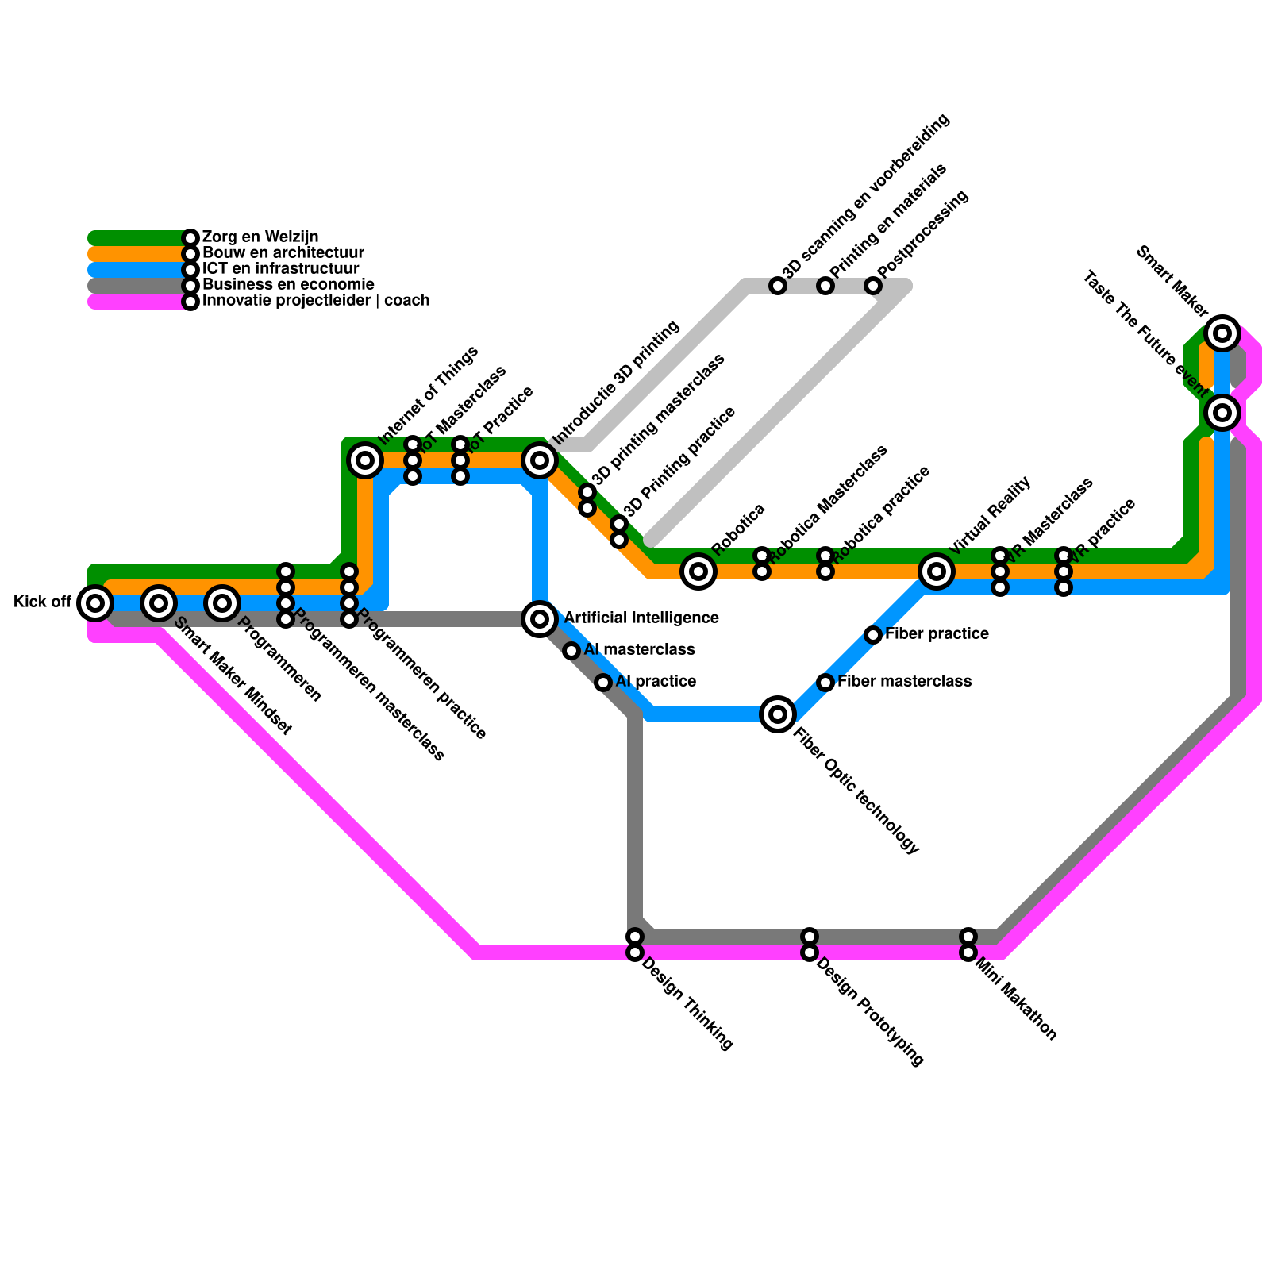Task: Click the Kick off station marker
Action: (x=95, y=603)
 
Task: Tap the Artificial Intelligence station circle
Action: (x=540, y=618)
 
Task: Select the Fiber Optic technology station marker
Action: (x=778, y=714)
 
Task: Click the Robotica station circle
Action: (x=698, y=571)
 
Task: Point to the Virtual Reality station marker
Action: (x=937, y=571)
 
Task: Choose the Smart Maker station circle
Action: (x=1222, y=333)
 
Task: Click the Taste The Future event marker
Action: (x=1222, y=412)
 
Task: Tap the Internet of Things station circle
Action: (x=365, y=460)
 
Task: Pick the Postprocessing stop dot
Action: (x=873, y=286)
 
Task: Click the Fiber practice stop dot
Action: (x=873, y=635)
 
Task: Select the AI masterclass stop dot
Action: (x=571, y=651)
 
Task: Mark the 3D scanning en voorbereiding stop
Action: (x=778, y=286)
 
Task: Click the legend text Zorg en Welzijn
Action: (x=260, y=237)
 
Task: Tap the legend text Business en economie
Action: (x=288, y=285)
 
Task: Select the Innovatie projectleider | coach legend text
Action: (x=316, y=301)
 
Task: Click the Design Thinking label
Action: (x=687, y=1004)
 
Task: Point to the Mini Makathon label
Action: (x=1015, y=999)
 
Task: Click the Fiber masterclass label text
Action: (x=904, y=682)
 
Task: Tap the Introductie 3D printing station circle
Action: (x=540, y=460)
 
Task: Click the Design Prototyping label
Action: (x=869, y=1012)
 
